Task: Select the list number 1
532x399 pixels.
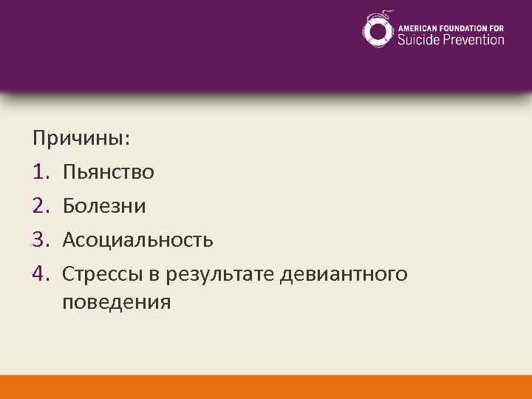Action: pyautogui.click(x=40, y=173)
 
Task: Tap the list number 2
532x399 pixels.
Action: pyautogui.click(x=40, y=206)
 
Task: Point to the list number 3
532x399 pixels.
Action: pyautogui.click(x=40, y=240)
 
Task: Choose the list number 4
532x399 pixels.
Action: pyautogui.click(x=40, y=274)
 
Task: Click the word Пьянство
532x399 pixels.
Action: pyautogui.click(x=109, y=173)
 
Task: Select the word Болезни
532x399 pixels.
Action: pyautogui.click(x=104, y=206)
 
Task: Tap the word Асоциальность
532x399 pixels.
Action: pyautogui.click(x=138, y=240)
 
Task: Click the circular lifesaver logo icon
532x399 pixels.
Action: pyautogui.click(x=378, y=30)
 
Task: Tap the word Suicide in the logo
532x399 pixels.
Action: pyautogui.click(x=419, y=39)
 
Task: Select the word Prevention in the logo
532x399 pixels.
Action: pyautogui.click(x=474, y=39)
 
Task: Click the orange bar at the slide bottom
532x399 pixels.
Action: pyautogui.click(x=266, y=386)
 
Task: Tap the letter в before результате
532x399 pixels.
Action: pyautogui.click(x=157, y=275)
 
